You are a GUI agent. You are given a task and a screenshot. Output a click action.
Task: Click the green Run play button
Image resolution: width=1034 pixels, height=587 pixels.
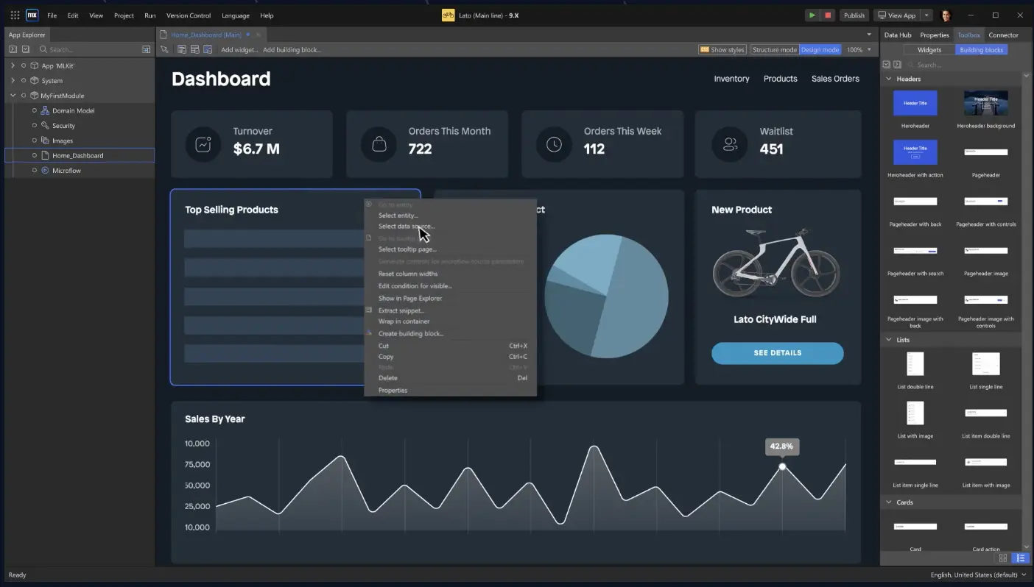[812, 15]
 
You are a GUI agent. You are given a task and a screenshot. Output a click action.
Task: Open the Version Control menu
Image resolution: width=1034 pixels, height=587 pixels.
[188, 15]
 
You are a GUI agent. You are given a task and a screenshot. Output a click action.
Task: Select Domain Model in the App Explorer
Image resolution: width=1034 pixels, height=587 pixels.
[73, 110]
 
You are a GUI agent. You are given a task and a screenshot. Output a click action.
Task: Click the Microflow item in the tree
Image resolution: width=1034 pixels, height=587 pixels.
[66, 171]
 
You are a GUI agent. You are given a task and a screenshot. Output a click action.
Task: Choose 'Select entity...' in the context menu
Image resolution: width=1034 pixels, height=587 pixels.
[398, 216]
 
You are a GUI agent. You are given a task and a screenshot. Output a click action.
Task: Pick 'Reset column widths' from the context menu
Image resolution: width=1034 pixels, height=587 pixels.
[407, 274]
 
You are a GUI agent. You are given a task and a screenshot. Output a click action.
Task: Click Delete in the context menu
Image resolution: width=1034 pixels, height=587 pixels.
[387, 378]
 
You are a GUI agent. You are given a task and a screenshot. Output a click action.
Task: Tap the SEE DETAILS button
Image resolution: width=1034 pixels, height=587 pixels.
[777, 353]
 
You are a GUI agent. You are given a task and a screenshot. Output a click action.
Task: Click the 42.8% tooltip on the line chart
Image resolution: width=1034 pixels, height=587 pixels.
[781, 447]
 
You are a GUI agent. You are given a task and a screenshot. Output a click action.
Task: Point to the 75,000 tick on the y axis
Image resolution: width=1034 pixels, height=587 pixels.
[197, 464]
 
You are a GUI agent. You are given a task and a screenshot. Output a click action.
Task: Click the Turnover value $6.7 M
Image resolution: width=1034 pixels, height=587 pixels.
[256, 149]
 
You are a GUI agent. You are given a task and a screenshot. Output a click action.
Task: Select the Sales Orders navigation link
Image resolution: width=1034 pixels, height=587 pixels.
[835, 79]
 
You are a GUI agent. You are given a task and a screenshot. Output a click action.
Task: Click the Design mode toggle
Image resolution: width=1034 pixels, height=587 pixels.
[820, 50]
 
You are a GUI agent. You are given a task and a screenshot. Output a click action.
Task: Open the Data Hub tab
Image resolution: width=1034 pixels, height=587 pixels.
[897, 35]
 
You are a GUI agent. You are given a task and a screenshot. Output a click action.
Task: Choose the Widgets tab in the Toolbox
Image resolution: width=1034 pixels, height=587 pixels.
[929, 50]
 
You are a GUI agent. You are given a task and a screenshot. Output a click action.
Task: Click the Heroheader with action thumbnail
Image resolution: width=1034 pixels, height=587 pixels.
[915, 152]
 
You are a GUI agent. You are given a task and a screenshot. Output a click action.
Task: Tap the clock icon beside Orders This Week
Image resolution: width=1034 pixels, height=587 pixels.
[554, 145]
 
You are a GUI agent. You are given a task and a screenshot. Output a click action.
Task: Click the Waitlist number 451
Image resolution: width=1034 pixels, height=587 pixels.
[771, 149]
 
